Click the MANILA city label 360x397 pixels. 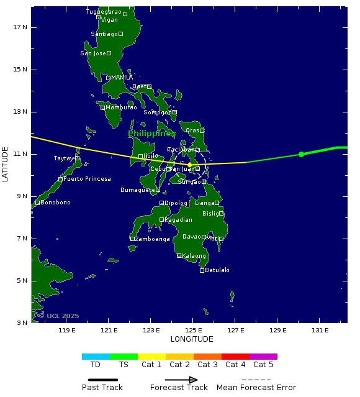click(x=122, y=78)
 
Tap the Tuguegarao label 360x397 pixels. click(x=104, y=12)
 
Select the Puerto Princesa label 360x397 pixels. click(x=87, y=179)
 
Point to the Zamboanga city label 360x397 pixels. click(x=153, y=239)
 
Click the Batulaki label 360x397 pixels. click(x=217, y=270)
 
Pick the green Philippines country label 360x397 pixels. click(x=151, y=134)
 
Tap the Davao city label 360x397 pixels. click(x=192, y=237)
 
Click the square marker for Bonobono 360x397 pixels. click(x=37, y=203)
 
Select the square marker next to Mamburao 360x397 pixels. click(x=103, y=107)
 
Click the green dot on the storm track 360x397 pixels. click(x=301, y=154)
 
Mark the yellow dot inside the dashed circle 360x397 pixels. click(x=189, y=164)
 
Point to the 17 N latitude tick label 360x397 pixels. click(x=20, y=27)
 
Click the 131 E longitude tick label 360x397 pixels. click(x=320, y=331)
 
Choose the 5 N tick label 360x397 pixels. click(x=20, y=281)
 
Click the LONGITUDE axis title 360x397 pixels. click(x=192, y=339)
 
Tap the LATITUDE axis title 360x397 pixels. click(x=6, y=164)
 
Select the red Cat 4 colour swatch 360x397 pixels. click(x=235, y=357)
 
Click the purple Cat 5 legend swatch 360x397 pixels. click(x=263, y=357)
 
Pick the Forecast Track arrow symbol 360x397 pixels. click(x=181, y=380)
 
